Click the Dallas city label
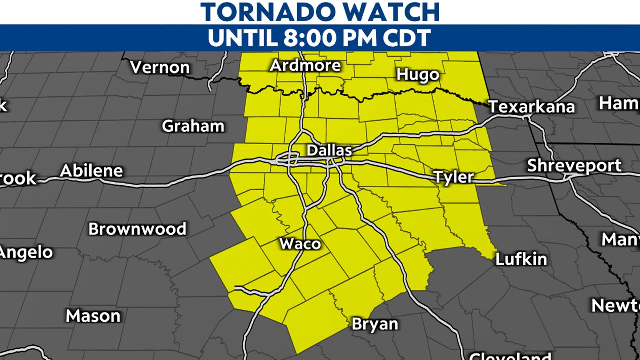[x=329, y=150]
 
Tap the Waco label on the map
[x=300, y=244]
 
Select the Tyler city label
[x=453, y=177]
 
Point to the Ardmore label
[x=305, y=65]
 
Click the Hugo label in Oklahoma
[x=418, y=74]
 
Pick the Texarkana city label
[x=532, y=107]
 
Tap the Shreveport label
[x=574, y=165]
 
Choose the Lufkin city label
[x=521, y=259]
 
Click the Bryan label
[x=375, y=324]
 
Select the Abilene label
[x=91, y=171]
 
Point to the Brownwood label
[x=137, y=229]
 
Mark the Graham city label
[x=193, y=126]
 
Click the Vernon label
[x=160, y=67]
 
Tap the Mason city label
[x=93, y=316]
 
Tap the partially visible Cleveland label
[x=510, y=356]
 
